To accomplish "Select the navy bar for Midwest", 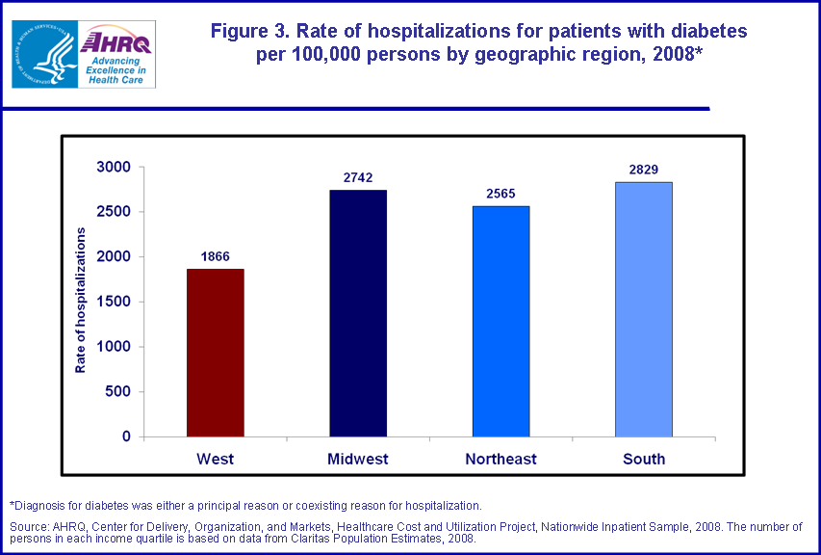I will (358, 313).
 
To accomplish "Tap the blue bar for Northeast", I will (500, 321).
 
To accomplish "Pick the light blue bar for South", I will (643, 309).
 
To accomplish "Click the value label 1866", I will (215, 256).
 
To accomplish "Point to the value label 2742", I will (358, 177).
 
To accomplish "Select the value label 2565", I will (500, 194).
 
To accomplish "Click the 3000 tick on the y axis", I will (114, 167).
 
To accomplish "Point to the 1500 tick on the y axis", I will (114, 302).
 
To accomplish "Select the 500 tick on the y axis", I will (117, 391).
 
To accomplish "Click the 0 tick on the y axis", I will (126, 436).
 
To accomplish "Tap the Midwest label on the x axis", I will (358, 459).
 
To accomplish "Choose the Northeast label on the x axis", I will (500, 459).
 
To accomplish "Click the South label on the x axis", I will (643, 459).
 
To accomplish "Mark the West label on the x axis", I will (215, 459).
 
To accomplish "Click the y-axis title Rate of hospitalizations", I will (82, 301).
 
